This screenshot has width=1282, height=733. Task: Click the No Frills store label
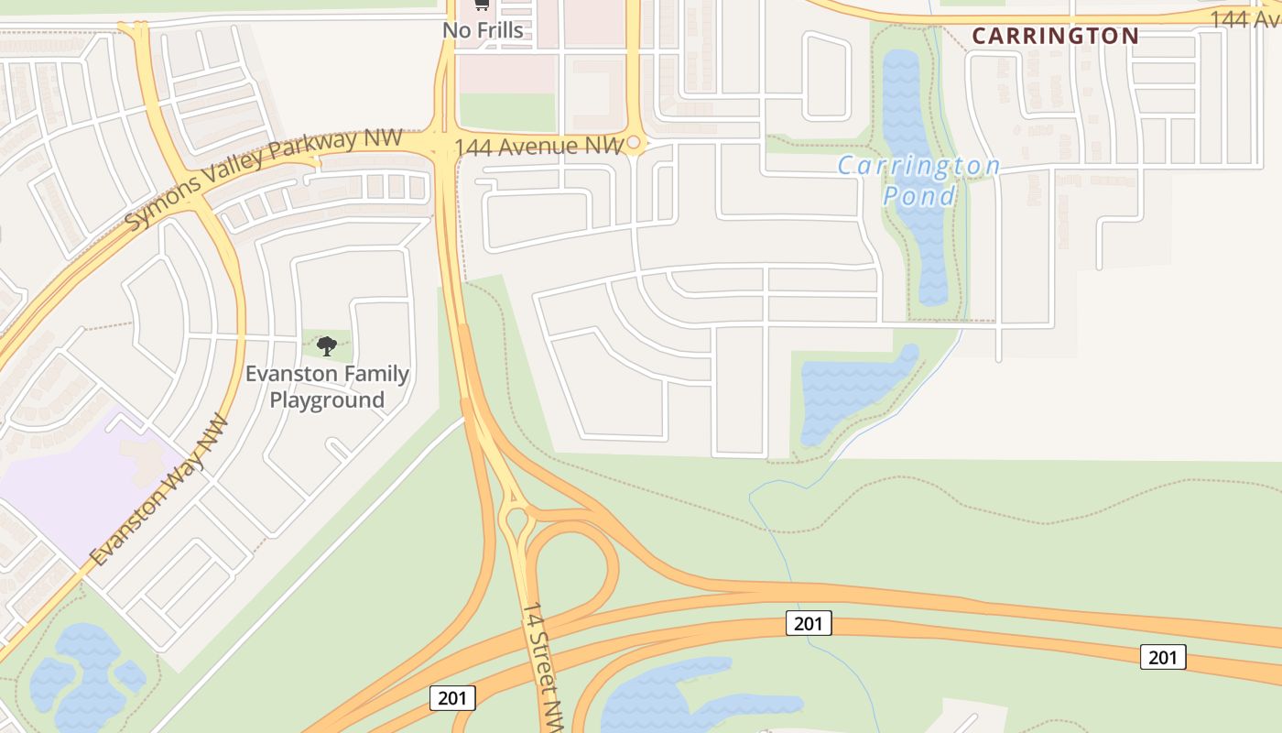(483, 30)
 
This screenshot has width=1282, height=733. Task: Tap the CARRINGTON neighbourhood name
(1055, 37)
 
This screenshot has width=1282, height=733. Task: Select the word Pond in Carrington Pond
(919, 195)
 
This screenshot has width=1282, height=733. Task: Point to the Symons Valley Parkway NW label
(263, 179)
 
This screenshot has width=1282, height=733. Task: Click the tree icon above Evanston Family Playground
(327, 345)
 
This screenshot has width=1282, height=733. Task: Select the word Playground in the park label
(327, 400)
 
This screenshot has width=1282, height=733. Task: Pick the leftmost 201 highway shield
(451, 698)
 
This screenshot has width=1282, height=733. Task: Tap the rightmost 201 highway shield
(1163, 657)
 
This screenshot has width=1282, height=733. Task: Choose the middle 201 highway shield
(809, 624)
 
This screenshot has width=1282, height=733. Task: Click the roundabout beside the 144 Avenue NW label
(634, 144)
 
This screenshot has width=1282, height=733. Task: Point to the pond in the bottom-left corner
(82, 673)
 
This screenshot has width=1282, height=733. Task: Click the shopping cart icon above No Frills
(482, 5)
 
